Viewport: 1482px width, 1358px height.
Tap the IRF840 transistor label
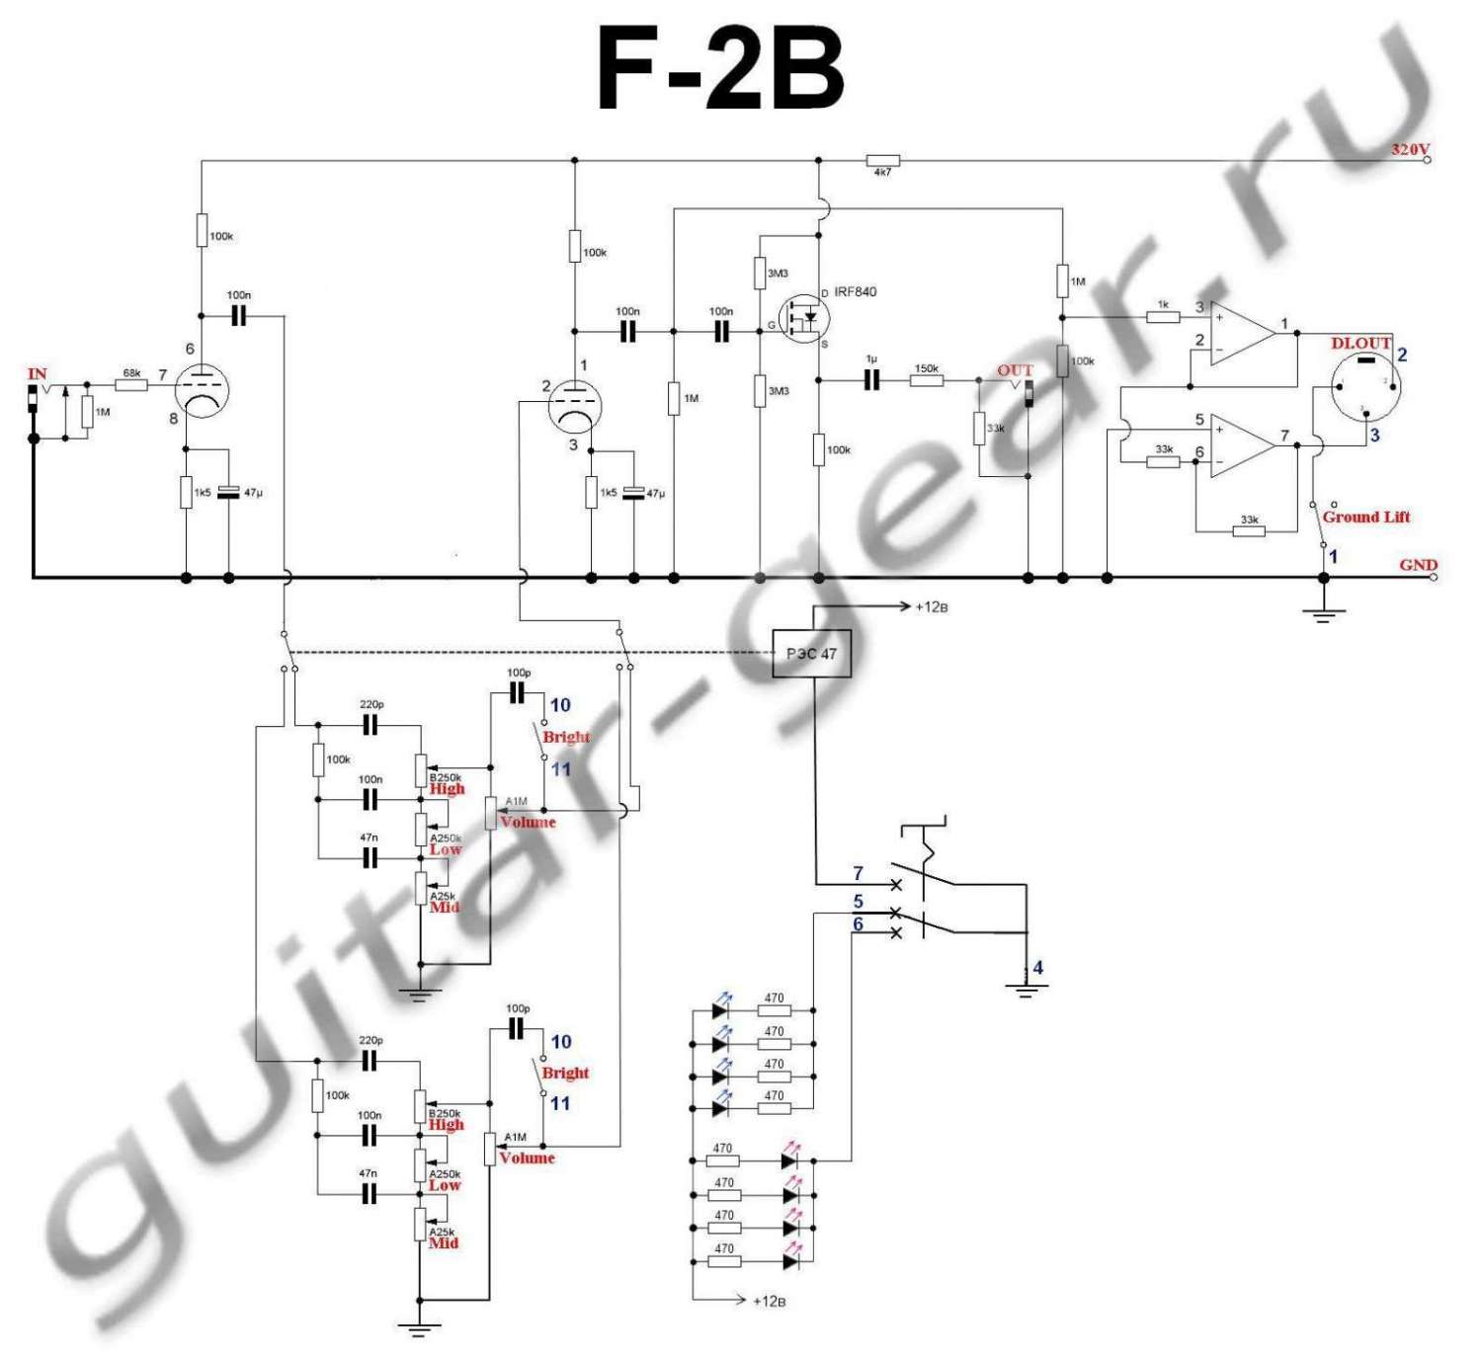(x=855, y=291)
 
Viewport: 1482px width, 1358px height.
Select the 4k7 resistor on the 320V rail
(x=882, y=160)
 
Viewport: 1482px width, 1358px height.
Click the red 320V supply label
(x=1410, y=149)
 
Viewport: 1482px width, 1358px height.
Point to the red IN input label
(x=38, y=373)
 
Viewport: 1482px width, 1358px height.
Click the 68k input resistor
(x=131, y=384)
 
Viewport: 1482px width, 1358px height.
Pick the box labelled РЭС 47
(x=811, y=654)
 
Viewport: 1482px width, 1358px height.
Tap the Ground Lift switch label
(x=1365, y=517)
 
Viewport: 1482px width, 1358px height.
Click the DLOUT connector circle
(x=1365, y=386)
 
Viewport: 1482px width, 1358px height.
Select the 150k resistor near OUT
(x=926, y=380)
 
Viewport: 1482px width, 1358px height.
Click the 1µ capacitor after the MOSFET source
(x=871, y=379)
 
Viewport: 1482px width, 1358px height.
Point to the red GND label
(x=1418, y=565)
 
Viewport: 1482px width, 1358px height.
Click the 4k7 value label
(x=882, y=173)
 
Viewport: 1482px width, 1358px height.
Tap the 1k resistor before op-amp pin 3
(x=1163, y=317)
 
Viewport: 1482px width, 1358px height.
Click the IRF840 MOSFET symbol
(x=804, y=318)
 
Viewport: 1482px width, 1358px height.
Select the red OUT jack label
(x=1015, y=370)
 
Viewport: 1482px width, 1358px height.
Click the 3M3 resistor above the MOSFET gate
(x=760, y=274)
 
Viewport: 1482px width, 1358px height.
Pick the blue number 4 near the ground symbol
(x=1037, y=968)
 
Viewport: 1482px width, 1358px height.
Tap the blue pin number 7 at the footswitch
(x=858, y=873)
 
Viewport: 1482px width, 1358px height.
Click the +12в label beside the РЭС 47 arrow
(x=932, y=606)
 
